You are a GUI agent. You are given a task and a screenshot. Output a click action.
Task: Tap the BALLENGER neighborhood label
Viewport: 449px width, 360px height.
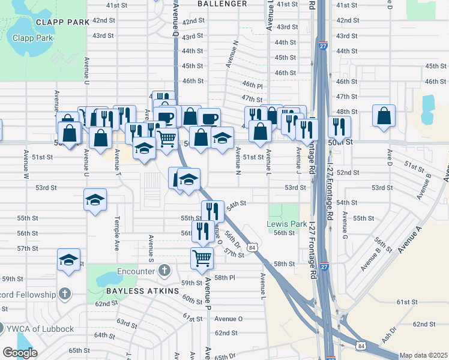(222, 4)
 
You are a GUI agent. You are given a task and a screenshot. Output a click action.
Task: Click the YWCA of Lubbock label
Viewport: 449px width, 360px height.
(41, 328)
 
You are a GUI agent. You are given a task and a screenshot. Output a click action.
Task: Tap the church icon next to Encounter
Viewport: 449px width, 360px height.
(165, 271)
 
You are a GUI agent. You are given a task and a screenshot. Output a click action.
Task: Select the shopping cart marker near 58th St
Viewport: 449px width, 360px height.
(202, 258)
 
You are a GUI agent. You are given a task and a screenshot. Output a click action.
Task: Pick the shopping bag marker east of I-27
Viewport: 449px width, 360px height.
(384, 115)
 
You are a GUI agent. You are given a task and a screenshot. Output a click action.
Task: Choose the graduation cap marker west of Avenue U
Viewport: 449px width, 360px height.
(69, 260)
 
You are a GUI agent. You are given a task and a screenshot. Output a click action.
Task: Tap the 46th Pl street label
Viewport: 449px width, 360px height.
(253, 85)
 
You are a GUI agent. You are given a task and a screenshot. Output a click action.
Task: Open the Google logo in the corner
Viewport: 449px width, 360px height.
(20, 352)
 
